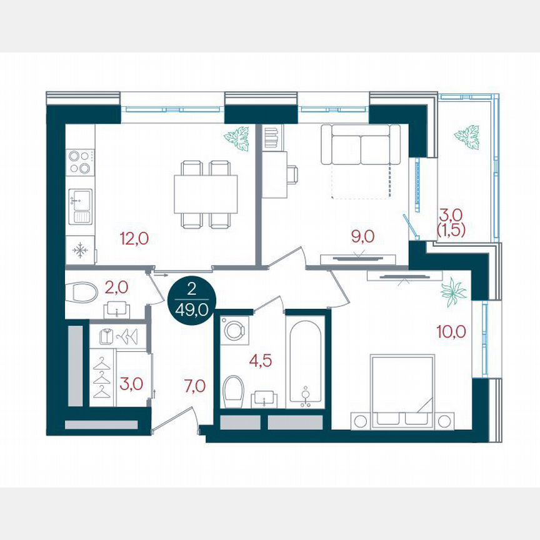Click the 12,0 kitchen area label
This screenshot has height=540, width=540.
(x=134, y=237)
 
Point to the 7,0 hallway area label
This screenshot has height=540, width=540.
(x=195, y=386)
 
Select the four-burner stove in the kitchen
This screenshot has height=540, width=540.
(x=80, y=161)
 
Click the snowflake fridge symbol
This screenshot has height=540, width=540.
(x=80, y=251)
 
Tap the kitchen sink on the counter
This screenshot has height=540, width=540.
(x=80, y=206)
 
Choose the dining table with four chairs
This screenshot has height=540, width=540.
(x=206, y=194)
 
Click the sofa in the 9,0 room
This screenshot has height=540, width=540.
(x=361, y=145)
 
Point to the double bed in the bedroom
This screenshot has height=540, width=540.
(x=402, y=391)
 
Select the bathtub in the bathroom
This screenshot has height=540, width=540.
(x=306, y=361)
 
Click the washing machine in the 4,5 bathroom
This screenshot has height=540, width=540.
(x=234, y=330)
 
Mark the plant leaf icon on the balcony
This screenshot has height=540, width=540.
(x=466, y=136)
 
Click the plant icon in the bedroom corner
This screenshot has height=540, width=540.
(x=452, y=292)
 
